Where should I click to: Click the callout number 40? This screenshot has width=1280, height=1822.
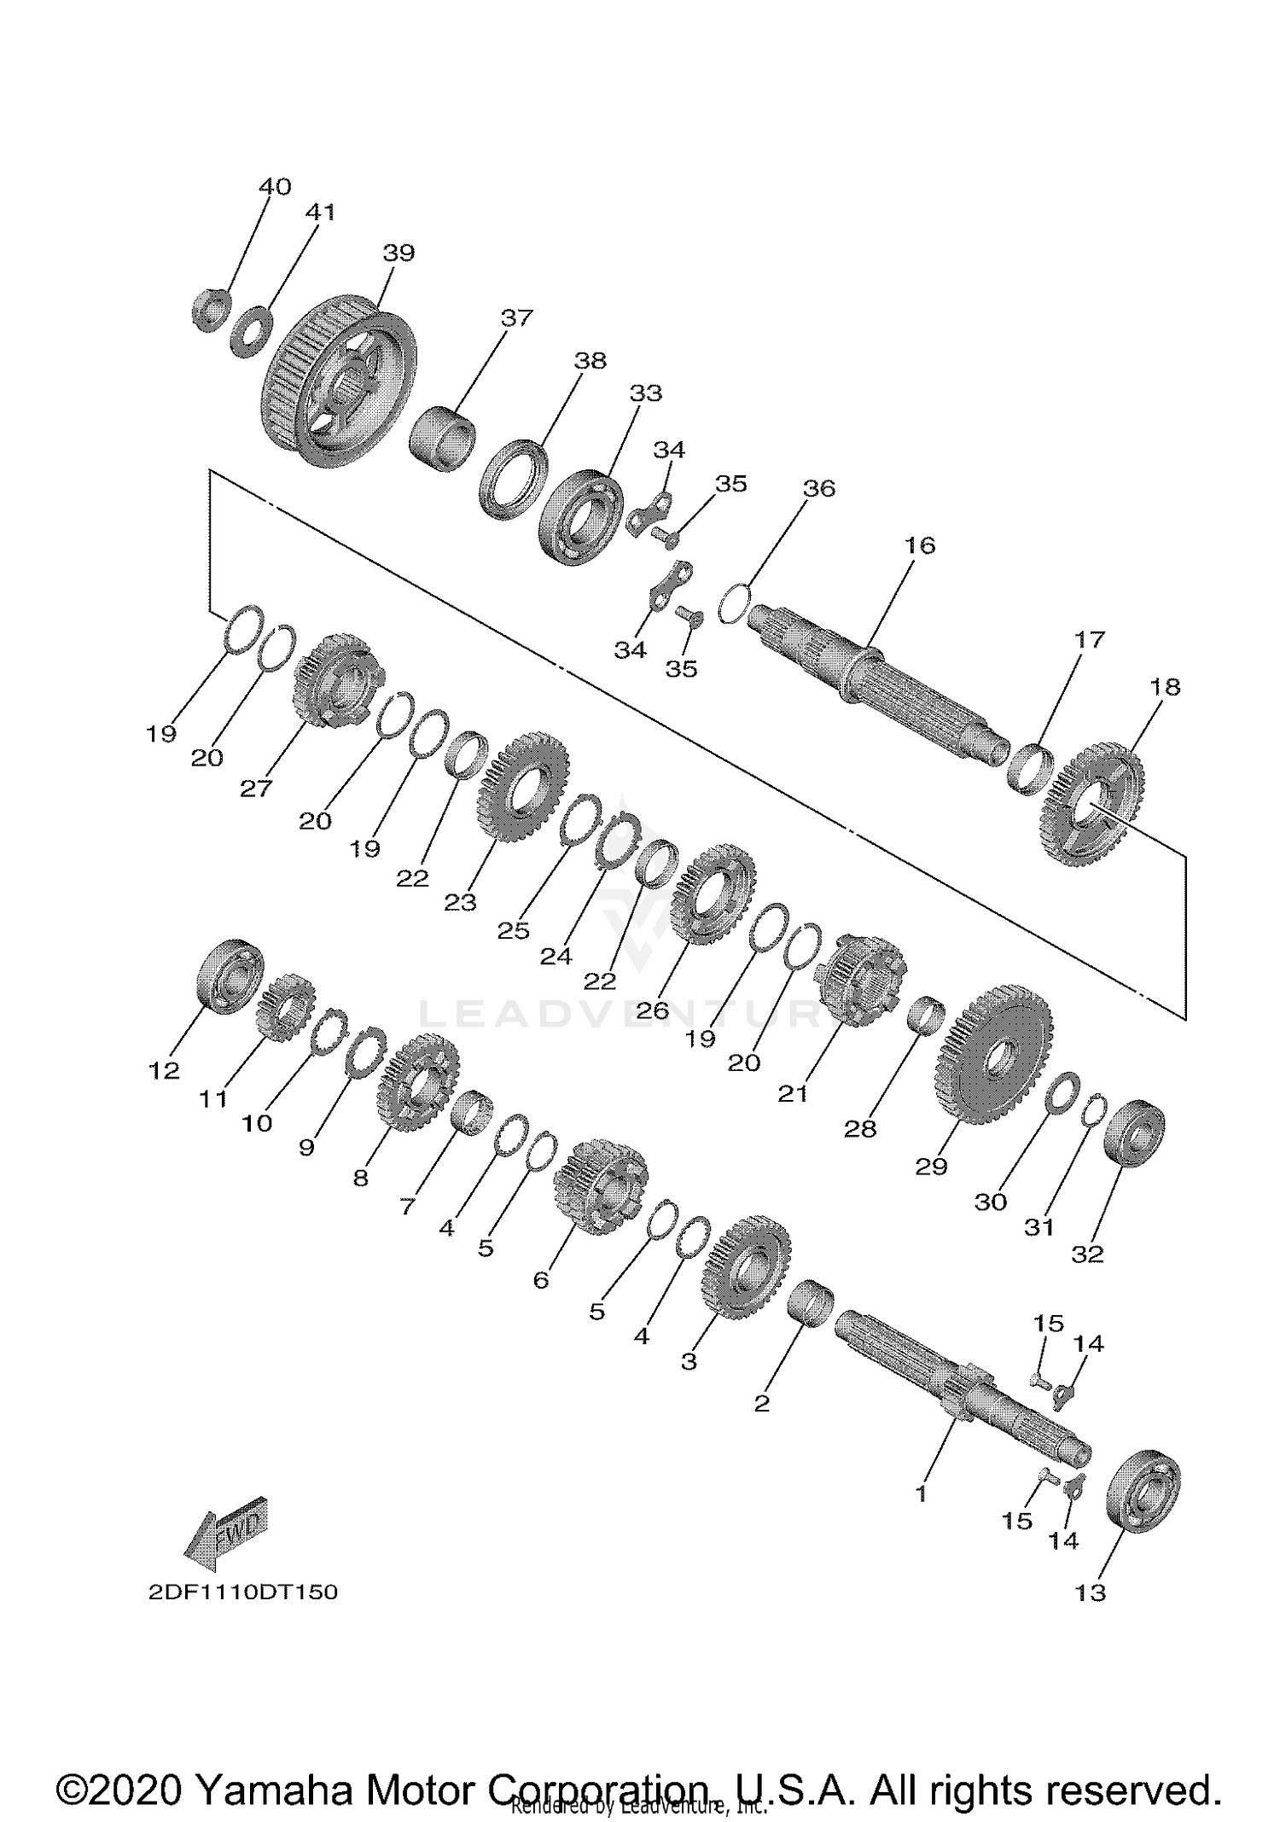coord(275,186)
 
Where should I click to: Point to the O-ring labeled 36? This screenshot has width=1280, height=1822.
coord(734,603)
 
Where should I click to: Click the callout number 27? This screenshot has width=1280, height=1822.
coord(255,788)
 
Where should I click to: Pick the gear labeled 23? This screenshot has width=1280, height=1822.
coord(521,785)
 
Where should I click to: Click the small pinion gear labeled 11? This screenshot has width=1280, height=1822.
coord(285,1007)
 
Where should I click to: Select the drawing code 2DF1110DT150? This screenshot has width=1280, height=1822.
coord(243,1592)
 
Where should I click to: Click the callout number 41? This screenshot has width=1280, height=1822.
coord(321,212)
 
